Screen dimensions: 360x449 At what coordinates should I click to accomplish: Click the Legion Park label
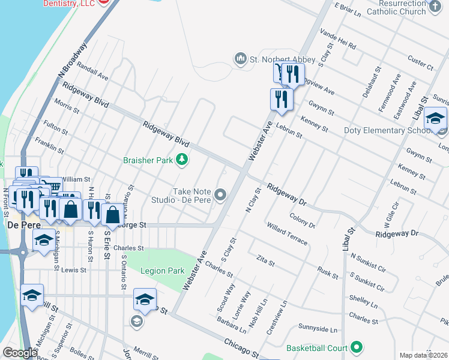[162, 271]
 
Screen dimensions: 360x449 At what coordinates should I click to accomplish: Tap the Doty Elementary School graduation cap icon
[435, 118]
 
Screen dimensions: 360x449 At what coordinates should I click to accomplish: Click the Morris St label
[67, 106]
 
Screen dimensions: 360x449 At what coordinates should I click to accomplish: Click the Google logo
[19, 353]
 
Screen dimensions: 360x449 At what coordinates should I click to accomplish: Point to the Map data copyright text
[423, 355]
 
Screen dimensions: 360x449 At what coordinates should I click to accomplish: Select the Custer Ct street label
[420, 62]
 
